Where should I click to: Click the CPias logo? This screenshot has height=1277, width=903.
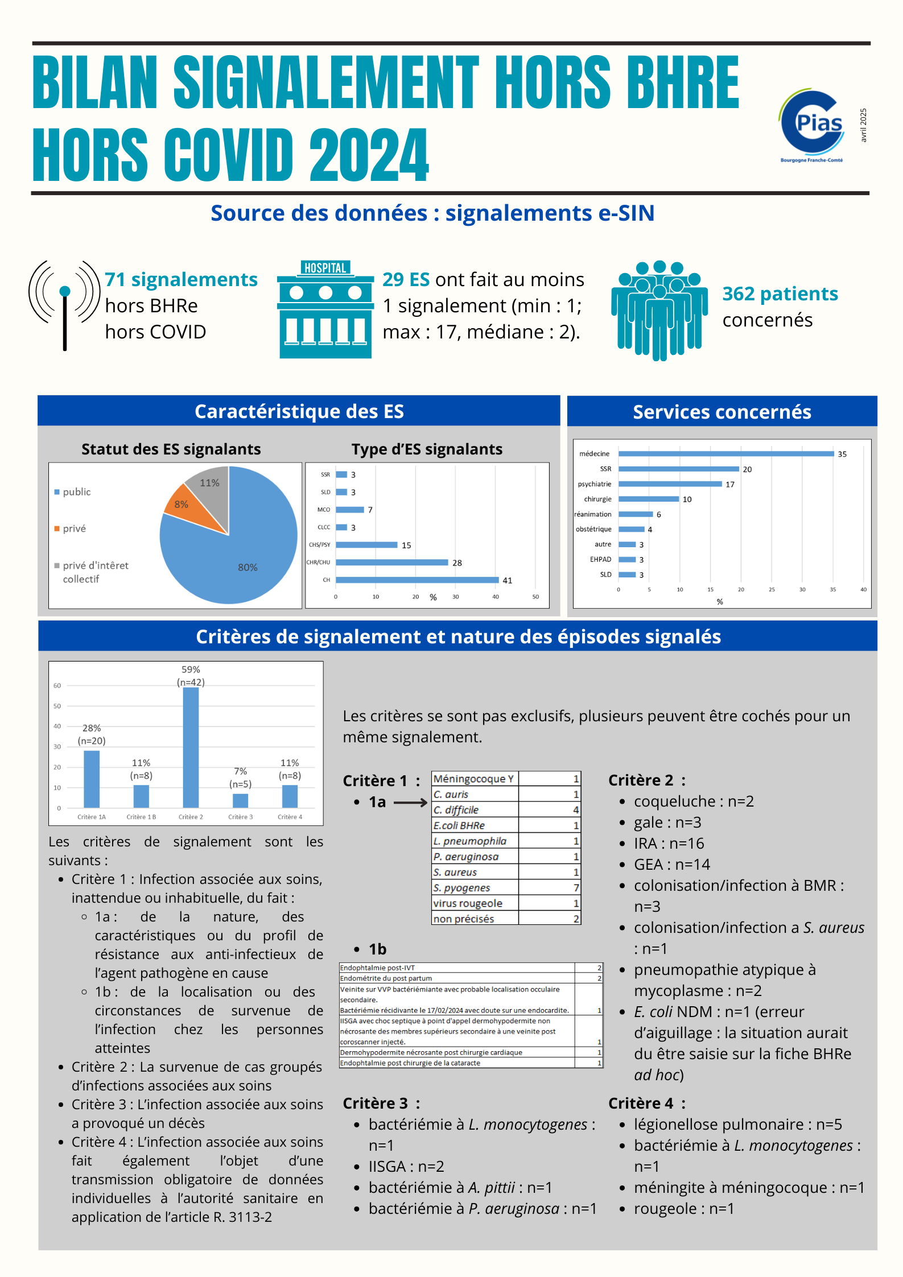point(811,125)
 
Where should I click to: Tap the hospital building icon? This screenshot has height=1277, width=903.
point(325,309)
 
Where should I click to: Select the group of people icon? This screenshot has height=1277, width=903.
point(659,310)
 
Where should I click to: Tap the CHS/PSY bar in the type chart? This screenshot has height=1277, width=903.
point(366,545)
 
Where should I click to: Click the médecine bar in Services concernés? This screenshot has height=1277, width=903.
point(726,454)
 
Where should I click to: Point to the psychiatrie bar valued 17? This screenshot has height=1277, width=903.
point(670,484)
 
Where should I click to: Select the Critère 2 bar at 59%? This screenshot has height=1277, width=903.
point(191,747)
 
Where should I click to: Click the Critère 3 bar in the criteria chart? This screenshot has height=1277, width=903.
point(240,800)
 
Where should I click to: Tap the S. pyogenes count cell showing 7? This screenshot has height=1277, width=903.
point(576,888)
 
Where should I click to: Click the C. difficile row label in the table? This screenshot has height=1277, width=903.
point(456,810)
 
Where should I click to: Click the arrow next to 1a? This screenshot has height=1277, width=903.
point(410,803)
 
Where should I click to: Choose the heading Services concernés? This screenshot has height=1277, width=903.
point(721,412)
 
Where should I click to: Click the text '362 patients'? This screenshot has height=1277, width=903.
point(780,294)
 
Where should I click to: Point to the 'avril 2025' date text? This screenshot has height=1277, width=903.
point(863,125)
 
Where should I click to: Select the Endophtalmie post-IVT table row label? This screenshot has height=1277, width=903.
point(378,968)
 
